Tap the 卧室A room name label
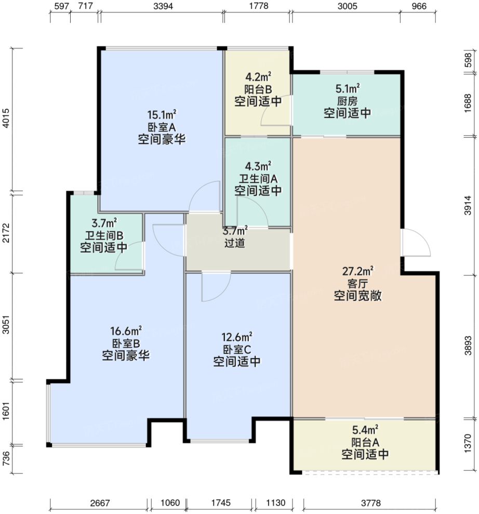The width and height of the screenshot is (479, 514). (162, 126)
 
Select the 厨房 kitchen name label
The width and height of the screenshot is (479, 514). (347, 100)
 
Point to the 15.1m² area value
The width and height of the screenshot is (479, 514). (162, 114)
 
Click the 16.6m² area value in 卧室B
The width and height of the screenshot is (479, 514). (126, 331)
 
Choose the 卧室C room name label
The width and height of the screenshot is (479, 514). (237, 349)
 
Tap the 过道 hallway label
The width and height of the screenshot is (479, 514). (235, 243)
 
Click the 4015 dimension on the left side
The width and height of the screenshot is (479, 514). (6, 120)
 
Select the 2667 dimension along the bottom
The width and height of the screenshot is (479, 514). (100, 503)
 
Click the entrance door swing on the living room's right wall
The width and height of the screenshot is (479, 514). (416, 243)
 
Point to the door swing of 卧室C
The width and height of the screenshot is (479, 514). (215, 287)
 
